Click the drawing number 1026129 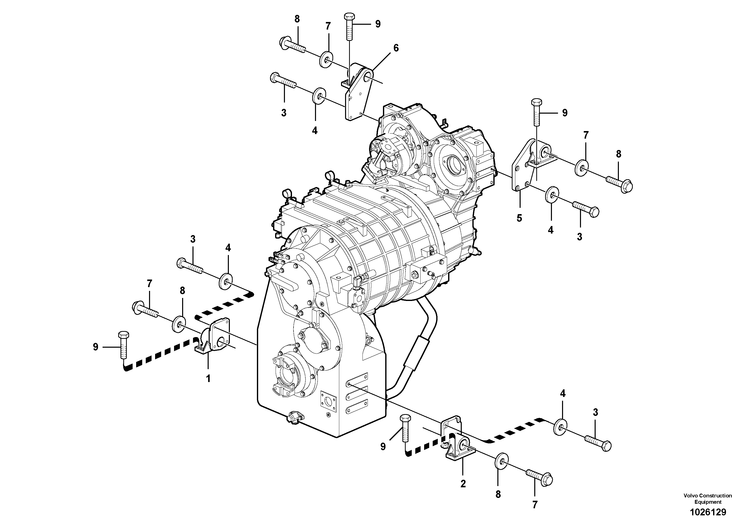point(708,512)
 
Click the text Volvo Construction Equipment point(708,499)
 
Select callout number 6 point(396,48)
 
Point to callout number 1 point(208,379)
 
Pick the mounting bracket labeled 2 point(457,445)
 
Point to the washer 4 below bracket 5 point(552,195)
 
